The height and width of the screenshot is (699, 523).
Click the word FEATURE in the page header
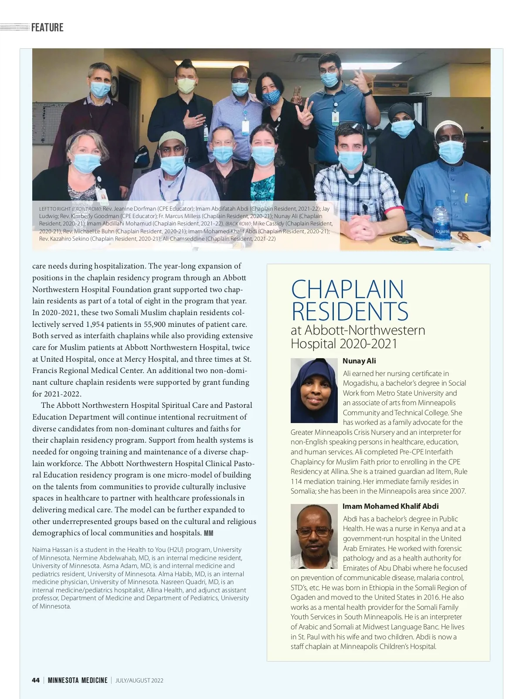pyautogui.click(x=47, y=27)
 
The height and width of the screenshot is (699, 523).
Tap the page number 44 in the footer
pyautogui.click(x=36, y=680)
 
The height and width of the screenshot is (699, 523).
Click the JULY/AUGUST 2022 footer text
pyautogui.click(x=139, y=680)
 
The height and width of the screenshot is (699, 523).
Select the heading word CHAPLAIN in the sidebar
pyautogui.click(x=347, y=289)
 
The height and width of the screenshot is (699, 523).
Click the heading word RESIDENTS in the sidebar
pyautogui.click(x=350, y=311)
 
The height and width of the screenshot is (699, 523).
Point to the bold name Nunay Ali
pyautogui.click(x=359, y=361)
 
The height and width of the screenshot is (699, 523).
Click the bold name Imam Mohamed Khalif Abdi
pyautogui.click(x=391, y=506)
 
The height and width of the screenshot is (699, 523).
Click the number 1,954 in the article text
pyautogui.click(x=98, y=324)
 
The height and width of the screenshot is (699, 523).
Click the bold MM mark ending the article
pyautogui.click(x=208, y=533)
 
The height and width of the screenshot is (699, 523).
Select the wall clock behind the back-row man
pyautogui.click(x=114, y=87)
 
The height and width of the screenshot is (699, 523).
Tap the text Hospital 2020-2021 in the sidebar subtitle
pyautogui.click(x=344, y=344)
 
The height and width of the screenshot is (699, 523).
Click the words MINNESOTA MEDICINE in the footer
pyautogui.click(x=78, y=680)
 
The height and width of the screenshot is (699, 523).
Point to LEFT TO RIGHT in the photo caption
pyautogui.click(x=55, y=209)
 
